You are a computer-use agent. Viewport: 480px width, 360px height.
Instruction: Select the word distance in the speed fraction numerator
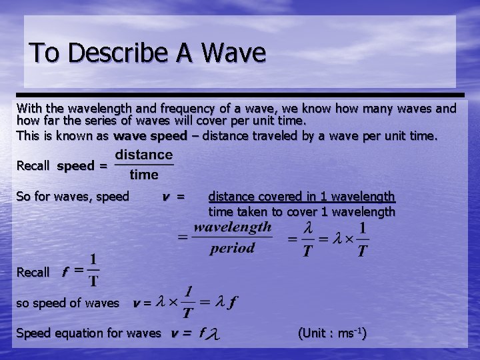(144, 155)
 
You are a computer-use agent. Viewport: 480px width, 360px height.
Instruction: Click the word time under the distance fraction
(144, 175)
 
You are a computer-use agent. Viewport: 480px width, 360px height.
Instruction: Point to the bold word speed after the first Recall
(75, 166)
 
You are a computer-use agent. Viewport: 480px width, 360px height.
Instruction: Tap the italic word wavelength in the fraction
(232, 227)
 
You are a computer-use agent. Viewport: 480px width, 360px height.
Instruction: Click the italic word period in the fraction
(232, 248)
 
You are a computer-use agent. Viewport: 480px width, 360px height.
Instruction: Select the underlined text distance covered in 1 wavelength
(301, 197)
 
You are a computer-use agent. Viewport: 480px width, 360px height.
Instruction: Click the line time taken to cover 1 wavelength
(301, 212)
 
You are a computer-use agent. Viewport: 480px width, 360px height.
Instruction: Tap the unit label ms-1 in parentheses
(349, 333)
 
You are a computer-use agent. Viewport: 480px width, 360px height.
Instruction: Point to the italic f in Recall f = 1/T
(65, 272)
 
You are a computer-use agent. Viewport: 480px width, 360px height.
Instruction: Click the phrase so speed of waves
(67, 303)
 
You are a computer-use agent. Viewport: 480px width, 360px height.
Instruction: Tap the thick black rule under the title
(240, 95)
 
